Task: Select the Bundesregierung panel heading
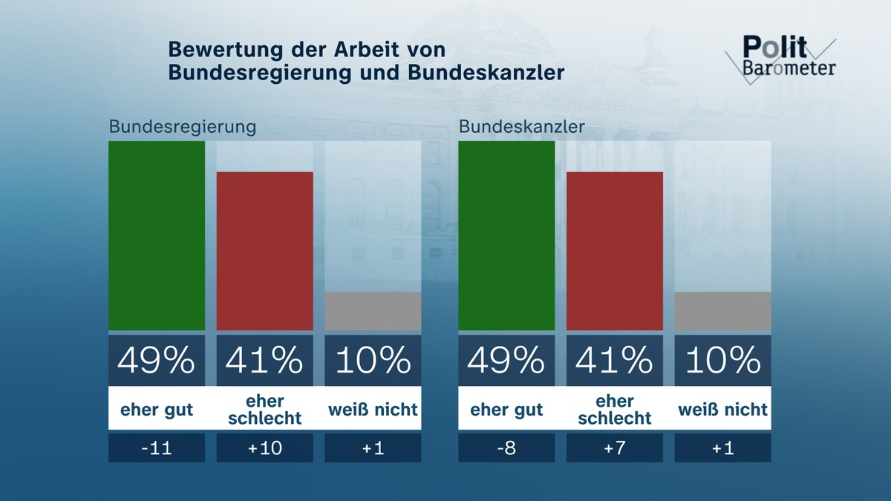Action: pyautogui.click(x=183, y=126)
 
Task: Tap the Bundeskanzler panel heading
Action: pyautogui.click(x=521, y=126)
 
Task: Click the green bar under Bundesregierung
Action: pyautogui.click(x=157, y=235)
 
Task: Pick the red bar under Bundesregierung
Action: pyautogui.click(x=265, y=251)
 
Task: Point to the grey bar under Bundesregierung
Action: pyautogui.click(x=373, y=311)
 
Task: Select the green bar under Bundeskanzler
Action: pyautogui.click(x=506, y=235)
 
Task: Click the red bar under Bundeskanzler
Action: pyautogui.click(x=615, y=251)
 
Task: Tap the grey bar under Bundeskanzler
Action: pyautogui.click(x=722, y=311)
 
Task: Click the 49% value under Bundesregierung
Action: pyautogui.click(x=157, y=361)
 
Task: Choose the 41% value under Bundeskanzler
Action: pyautogui.click(x=615, y=361)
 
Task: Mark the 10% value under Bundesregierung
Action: pyautogui.click(x=373, y=361)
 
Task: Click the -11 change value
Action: pyautogui.click(x=157, y=448)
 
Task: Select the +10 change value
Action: pyautogui.click(x=265, y=448)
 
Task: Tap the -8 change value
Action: pyautogui.click(x=506, y=448)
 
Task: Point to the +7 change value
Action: pyautogui.click(x=615, y=448)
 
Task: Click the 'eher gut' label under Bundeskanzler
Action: pyautogui.click(x=506, y=409)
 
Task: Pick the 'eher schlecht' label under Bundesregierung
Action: pyautogui.click(x=265, y=409)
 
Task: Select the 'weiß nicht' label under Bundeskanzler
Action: pyautogui.click(x=722, y=409)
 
